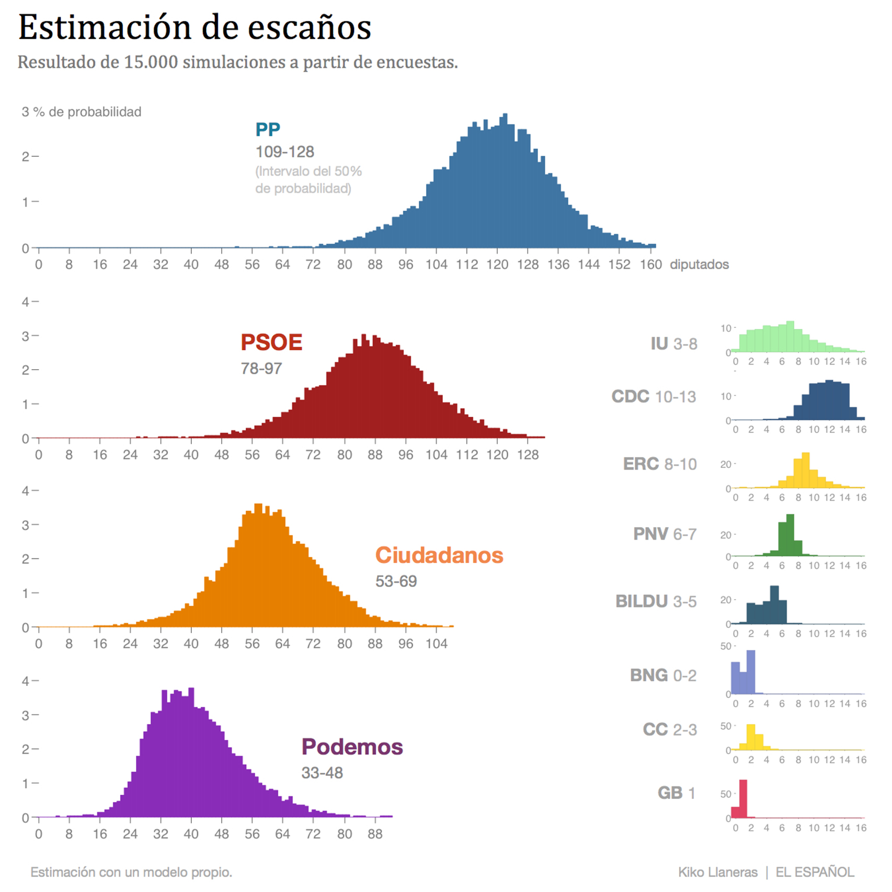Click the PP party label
click(x=268, y=129)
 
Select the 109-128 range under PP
click(x=284, y=152)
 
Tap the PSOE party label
click(x=271, y=342)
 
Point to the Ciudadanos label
click(x=439, y=555)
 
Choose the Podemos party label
click(x=352, y=747)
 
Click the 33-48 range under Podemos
click(x=322, y=773)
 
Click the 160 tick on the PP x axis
click(x=650, y=265)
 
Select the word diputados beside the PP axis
click(x=699, y=265)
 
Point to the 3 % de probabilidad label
click(x=82, y=112)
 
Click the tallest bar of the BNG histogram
click(x=751, y=672)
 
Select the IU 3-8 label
click(x=673, y=344)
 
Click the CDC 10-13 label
click(x=654, y=397)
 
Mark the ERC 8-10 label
click(x=660, y=464)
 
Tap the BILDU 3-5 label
click(x=656, y=601)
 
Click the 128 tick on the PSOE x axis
click(x=528, y=455)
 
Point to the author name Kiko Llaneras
click(x=717, y=872)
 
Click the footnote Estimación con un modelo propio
click(x=131, y=872)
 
